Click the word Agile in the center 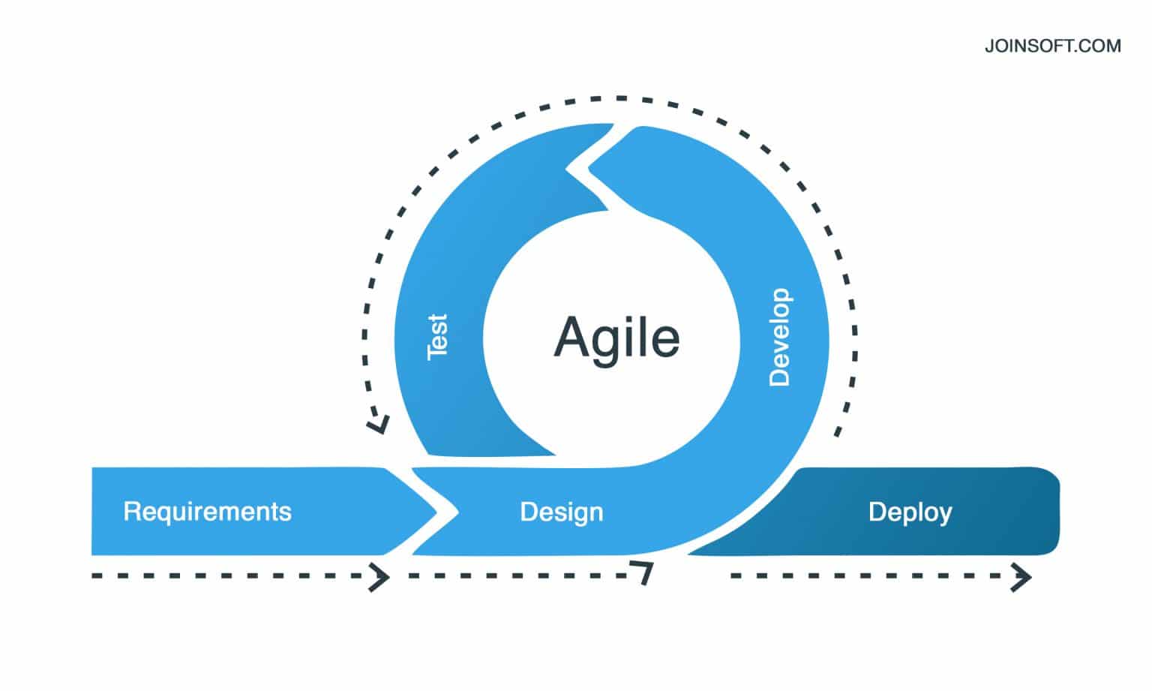616,338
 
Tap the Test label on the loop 436,337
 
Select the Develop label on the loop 780,337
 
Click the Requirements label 207,512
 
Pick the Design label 561,512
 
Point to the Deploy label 910,512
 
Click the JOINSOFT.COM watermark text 1052,47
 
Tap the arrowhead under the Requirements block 381,578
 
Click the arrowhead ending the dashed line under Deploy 1022,578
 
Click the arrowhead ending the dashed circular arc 377,425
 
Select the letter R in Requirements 130,512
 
